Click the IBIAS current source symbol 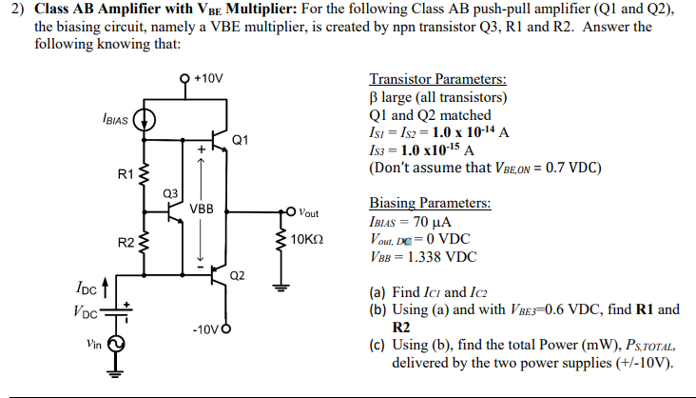[145, 121]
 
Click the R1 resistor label [125, 174]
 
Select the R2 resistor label [125, 243]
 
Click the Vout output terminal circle [286, 210]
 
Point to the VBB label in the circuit [201, 208]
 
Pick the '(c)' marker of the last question [377, 346]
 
